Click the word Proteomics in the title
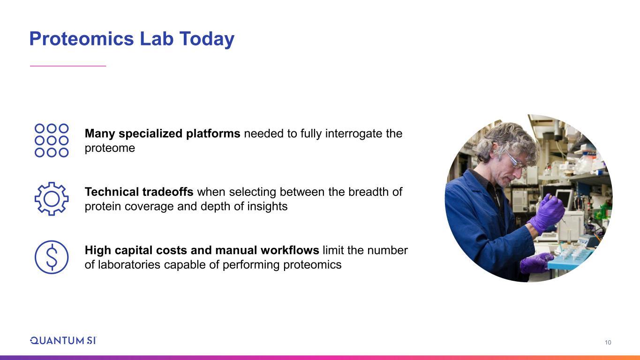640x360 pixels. coord(82,39)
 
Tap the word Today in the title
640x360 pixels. coord(207,39)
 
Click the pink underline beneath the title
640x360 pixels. coord(68,66)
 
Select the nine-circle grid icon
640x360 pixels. coord(52,141)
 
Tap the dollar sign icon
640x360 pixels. coord(52,257)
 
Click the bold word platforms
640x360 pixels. coord(213,134)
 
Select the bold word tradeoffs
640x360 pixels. coord(167,192)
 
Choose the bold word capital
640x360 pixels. coord(134,250)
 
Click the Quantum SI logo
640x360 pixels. coord(63,340)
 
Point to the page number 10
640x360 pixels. coord(608,342)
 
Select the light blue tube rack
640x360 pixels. coord(572,257)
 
